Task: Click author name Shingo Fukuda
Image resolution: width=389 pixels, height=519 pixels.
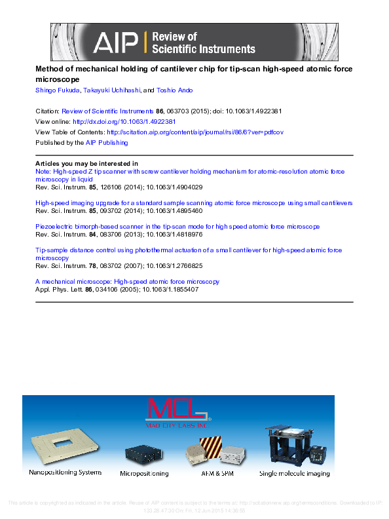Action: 57,90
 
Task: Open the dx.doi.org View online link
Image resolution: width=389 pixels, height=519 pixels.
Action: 124,122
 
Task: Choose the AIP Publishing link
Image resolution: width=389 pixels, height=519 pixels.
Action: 107,142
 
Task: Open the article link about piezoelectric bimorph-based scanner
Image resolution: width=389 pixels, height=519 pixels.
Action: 177,227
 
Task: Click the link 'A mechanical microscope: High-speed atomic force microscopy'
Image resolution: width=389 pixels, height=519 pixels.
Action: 127,281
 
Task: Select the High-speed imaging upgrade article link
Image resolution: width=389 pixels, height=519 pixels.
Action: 194,203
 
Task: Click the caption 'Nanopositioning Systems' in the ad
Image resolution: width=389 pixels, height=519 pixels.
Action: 65,472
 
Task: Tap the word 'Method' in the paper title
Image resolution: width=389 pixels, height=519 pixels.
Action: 48,68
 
